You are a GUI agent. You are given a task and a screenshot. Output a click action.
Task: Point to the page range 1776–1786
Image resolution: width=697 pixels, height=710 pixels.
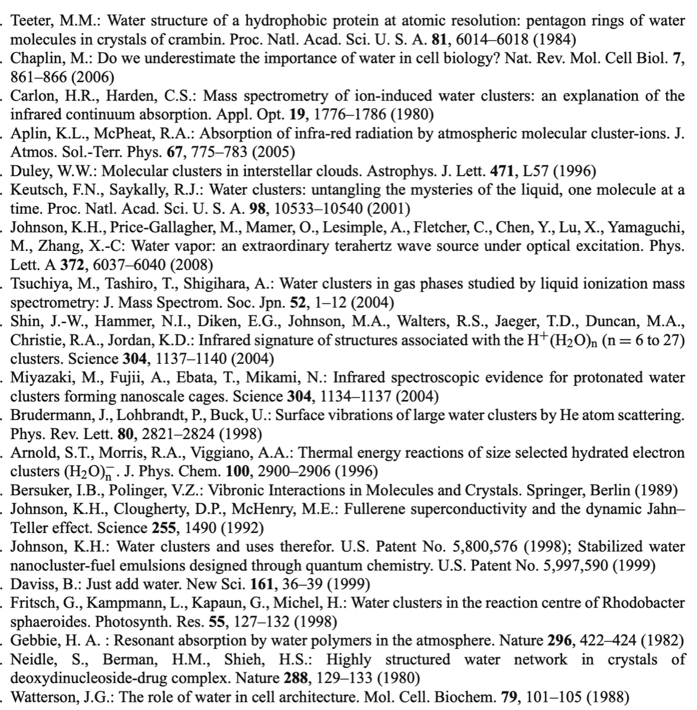346,115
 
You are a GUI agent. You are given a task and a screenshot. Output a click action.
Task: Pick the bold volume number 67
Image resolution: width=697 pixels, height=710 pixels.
175,153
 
